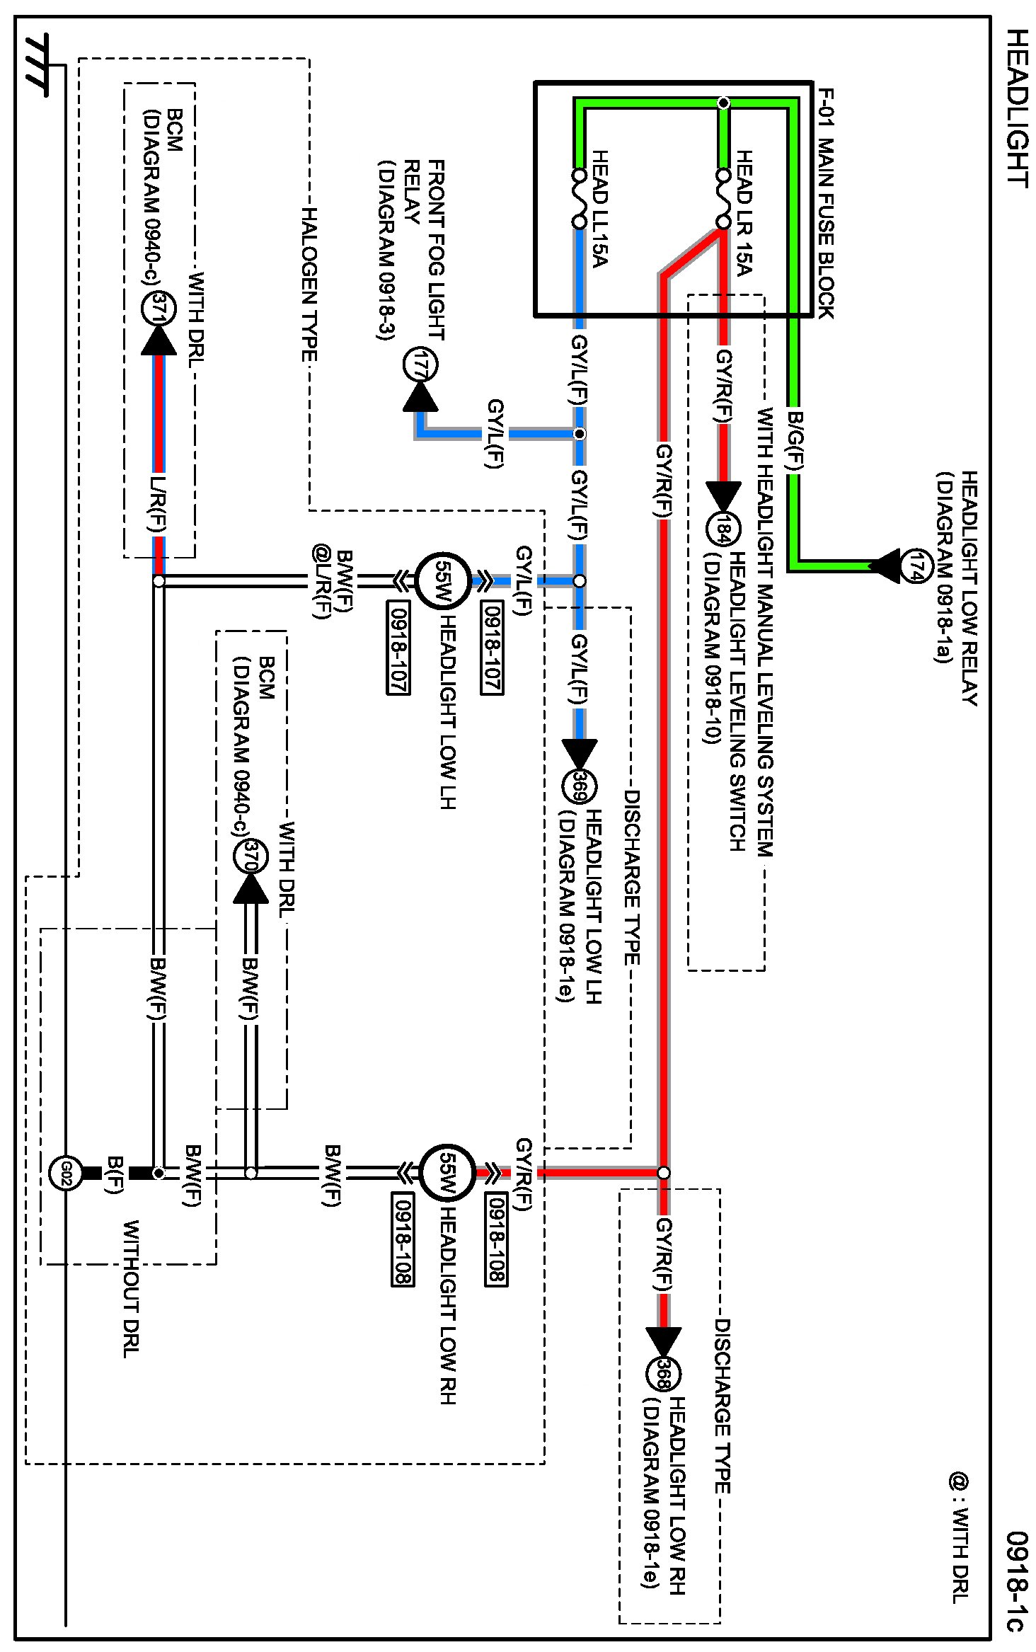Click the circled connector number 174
point(916,565)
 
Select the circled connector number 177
point(420,365)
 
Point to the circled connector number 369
point(580,787)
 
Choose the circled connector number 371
point(159,309)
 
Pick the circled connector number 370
point(251,856)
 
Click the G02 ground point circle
point(66,1173)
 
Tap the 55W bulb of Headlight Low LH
point(442,580)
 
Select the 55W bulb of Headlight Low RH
point(447,1173)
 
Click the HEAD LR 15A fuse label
point(744,212)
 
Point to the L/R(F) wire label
point(159,503)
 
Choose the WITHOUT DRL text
point(132,1287)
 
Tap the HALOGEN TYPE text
point(309,283)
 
